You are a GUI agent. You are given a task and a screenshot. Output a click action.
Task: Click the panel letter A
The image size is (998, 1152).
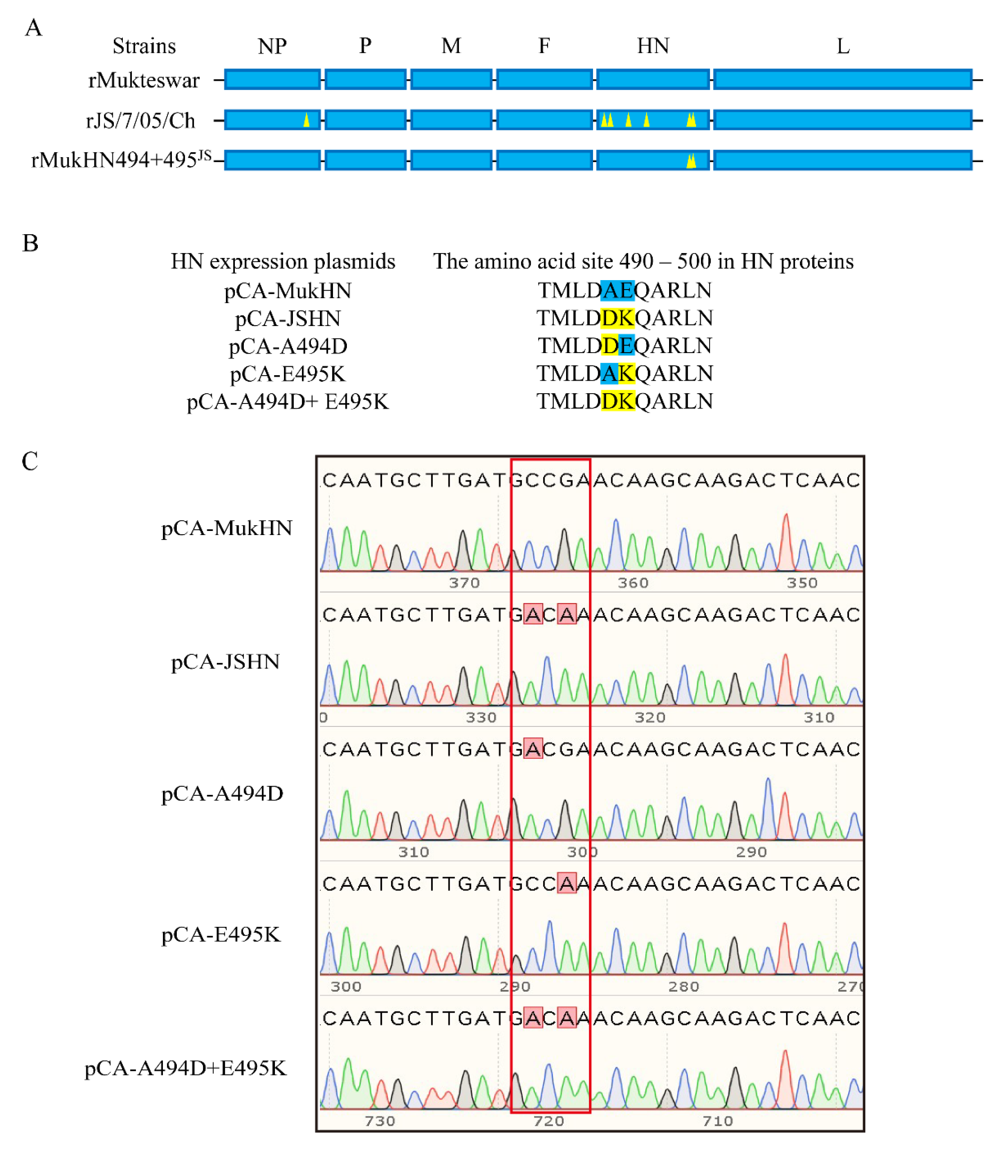point(33,27)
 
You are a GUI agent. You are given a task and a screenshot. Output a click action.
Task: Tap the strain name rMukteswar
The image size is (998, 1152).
point(144,80)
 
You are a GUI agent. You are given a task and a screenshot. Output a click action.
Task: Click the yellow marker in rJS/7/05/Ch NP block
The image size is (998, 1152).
point(306,120)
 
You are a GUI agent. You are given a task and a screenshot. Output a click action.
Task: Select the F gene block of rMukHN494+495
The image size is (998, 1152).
point(544,160)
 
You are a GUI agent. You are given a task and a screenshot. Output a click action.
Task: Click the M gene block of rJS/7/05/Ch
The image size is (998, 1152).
point(451,120)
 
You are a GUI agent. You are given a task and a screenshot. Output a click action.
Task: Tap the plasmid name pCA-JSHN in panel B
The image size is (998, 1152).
point(288,319)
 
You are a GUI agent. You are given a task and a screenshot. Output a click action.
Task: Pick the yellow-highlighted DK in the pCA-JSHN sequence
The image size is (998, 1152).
point(618,318)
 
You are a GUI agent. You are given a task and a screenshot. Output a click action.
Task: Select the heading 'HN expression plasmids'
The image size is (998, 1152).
point(283,261)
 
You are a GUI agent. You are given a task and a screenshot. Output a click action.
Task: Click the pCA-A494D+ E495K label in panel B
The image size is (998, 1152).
point(288,402)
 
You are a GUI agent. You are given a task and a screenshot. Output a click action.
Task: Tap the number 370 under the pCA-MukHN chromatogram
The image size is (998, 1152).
point(464,583)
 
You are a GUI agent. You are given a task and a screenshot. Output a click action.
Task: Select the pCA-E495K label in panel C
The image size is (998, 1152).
point(220,934)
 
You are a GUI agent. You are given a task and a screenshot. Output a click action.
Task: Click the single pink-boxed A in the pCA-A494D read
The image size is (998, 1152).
point(533,749)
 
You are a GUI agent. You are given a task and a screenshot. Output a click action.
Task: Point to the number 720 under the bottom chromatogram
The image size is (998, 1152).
point(548,1121)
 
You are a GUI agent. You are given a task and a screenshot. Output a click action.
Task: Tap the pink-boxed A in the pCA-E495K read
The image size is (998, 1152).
point(567,884)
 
